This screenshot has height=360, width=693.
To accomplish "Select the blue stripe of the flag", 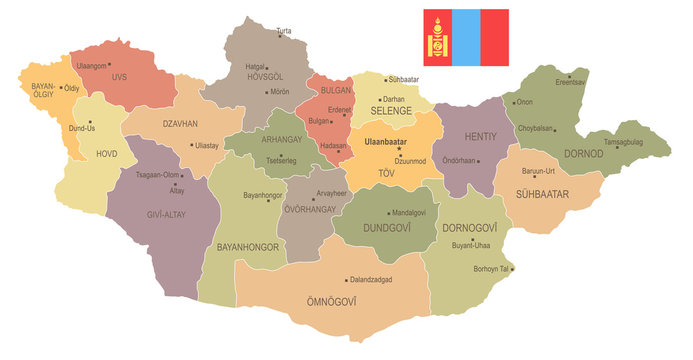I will pyautogui.click(x=465, y=37).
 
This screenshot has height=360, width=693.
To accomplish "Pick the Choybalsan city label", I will pyautogui.click(x=536, y=127).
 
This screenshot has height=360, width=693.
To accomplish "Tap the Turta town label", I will pyautogui.click(x=284, y=31).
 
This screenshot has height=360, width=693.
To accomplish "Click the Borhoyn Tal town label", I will pyautogui.click(x=491, y=268).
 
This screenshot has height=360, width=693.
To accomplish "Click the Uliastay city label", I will pyautogui.click(x=207, y=144).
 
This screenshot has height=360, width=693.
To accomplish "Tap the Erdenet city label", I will pyautogui.click(x=340, y=109).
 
